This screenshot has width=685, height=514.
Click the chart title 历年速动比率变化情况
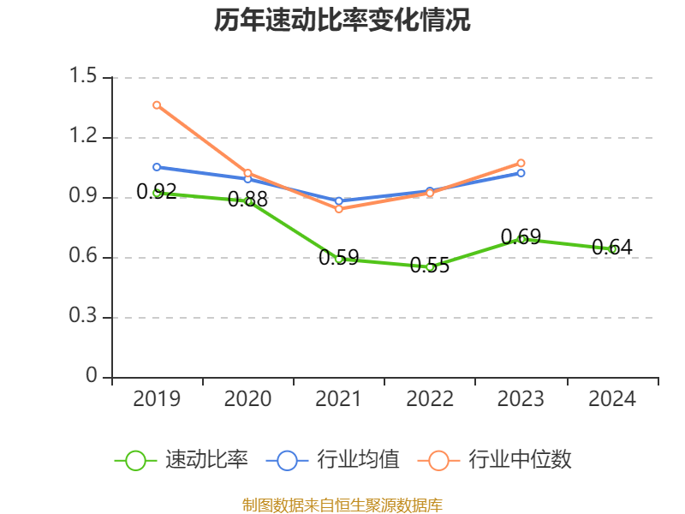point(342,21)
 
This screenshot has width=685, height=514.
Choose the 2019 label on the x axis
point(157,399)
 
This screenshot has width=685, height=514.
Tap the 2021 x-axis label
point(339,399)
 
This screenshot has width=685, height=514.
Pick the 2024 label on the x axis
point(612,399)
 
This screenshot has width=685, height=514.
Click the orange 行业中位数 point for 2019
point(157,105)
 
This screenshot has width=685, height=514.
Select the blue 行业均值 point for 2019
point(157,167)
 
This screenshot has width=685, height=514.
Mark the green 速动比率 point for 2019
point(157,193)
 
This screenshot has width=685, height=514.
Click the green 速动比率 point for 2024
point(612,249)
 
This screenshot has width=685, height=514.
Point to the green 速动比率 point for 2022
point(430,266)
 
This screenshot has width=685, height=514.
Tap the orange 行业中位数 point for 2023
point(521,163)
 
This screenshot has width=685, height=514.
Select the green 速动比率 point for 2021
point(339,259)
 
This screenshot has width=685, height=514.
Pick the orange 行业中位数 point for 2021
point(339,209)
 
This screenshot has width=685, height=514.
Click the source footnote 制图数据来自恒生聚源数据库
point(342,505)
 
